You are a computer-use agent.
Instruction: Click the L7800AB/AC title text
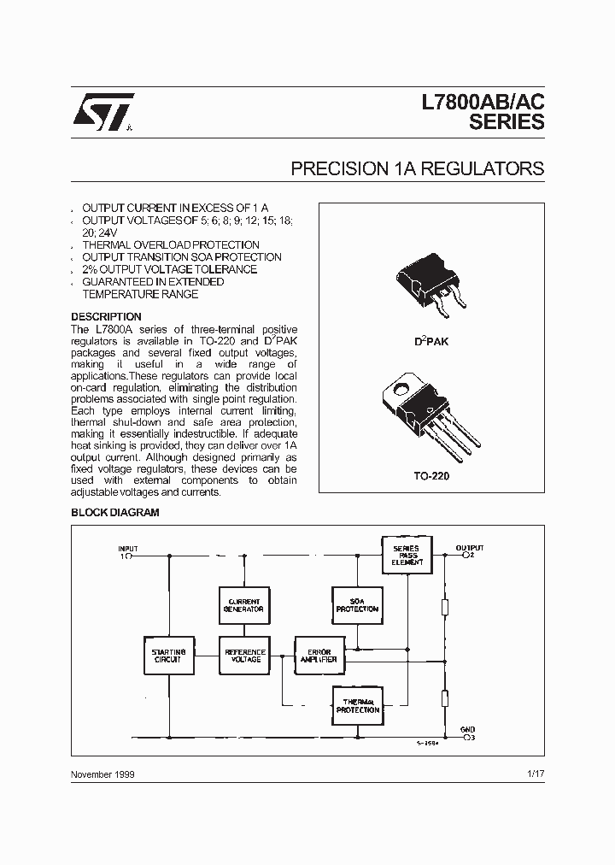(483, 102)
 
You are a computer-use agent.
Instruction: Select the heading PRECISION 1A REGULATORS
(417, 168)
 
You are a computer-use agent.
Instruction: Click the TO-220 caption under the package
(431, 476)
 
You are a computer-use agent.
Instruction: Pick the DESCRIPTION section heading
(106, 317)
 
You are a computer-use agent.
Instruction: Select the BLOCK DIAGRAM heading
(114, 513)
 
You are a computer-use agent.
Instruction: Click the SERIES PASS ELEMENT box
(406, 554)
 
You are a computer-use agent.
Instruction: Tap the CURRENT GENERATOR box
(245, 605)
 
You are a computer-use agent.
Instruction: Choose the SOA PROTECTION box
(357, 605)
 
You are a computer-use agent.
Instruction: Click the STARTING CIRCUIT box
(168, 656)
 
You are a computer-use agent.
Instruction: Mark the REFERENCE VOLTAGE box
(245, 656)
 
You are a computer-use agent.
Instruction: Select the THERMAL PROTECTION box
(357, 705)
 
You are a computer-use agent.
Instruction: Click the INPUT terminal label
(127, 549)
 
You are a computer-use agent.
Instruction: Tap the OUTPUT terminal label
(469, 548)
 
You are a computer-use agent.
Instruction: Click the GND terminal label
(468, 730)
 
